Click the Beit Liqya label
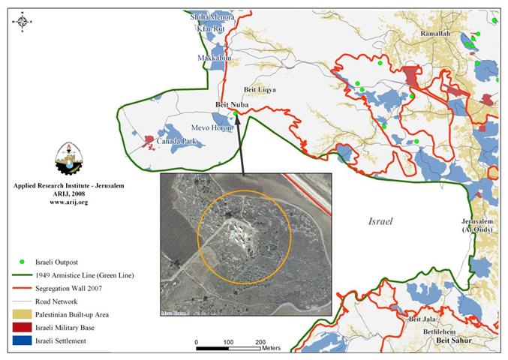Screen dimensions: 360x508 pos(260,90)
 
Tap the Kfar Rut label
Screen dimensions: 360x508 pos(210,28)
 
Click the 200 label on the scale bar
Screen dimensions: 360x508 pos(260,342)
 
